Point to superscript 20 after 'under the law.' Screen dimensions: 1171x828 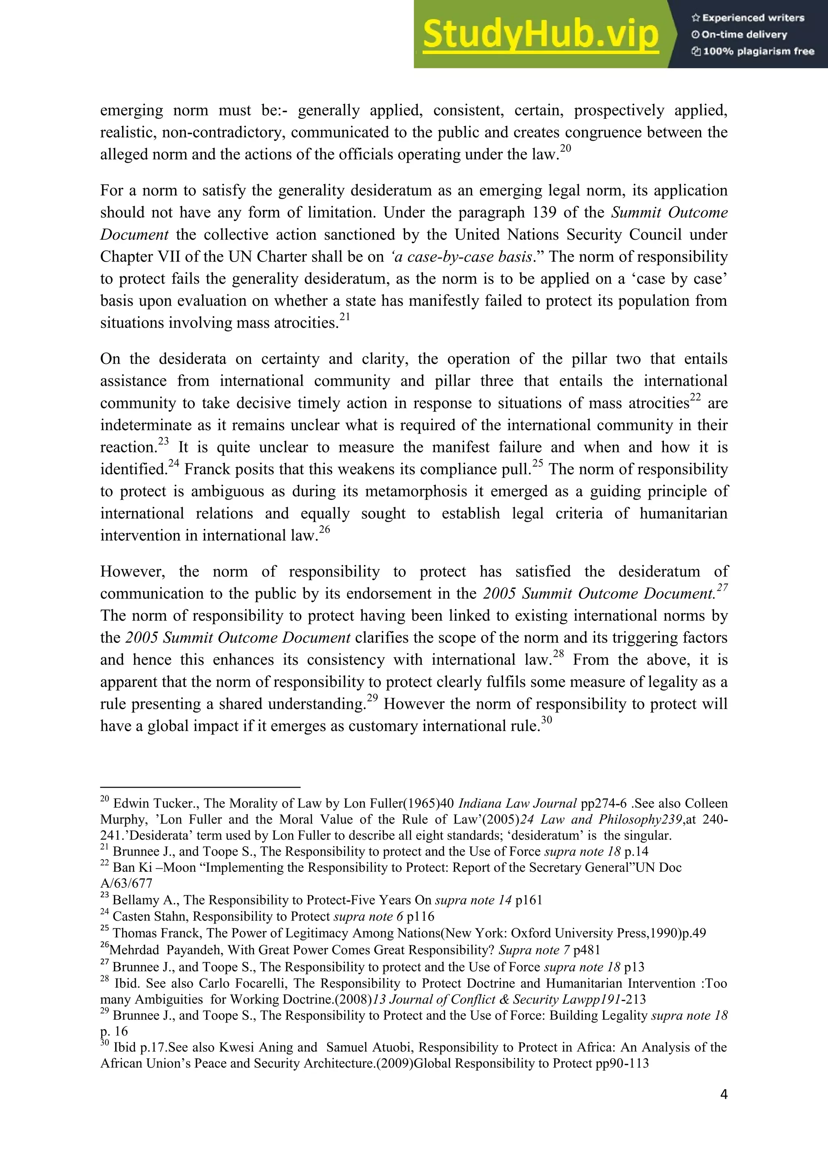click(x=566, y=148)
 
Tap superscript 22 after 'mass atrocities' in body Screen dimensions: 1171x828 click(x=695, y=397)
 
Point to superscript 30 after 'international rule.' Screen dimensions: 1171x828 click(x=546, y=720)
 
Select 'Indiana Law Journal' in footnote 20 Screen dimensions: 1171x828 click(x=517, y=803)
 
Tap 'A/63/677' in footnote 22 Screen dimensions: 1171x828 click(x=127, y=884)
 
